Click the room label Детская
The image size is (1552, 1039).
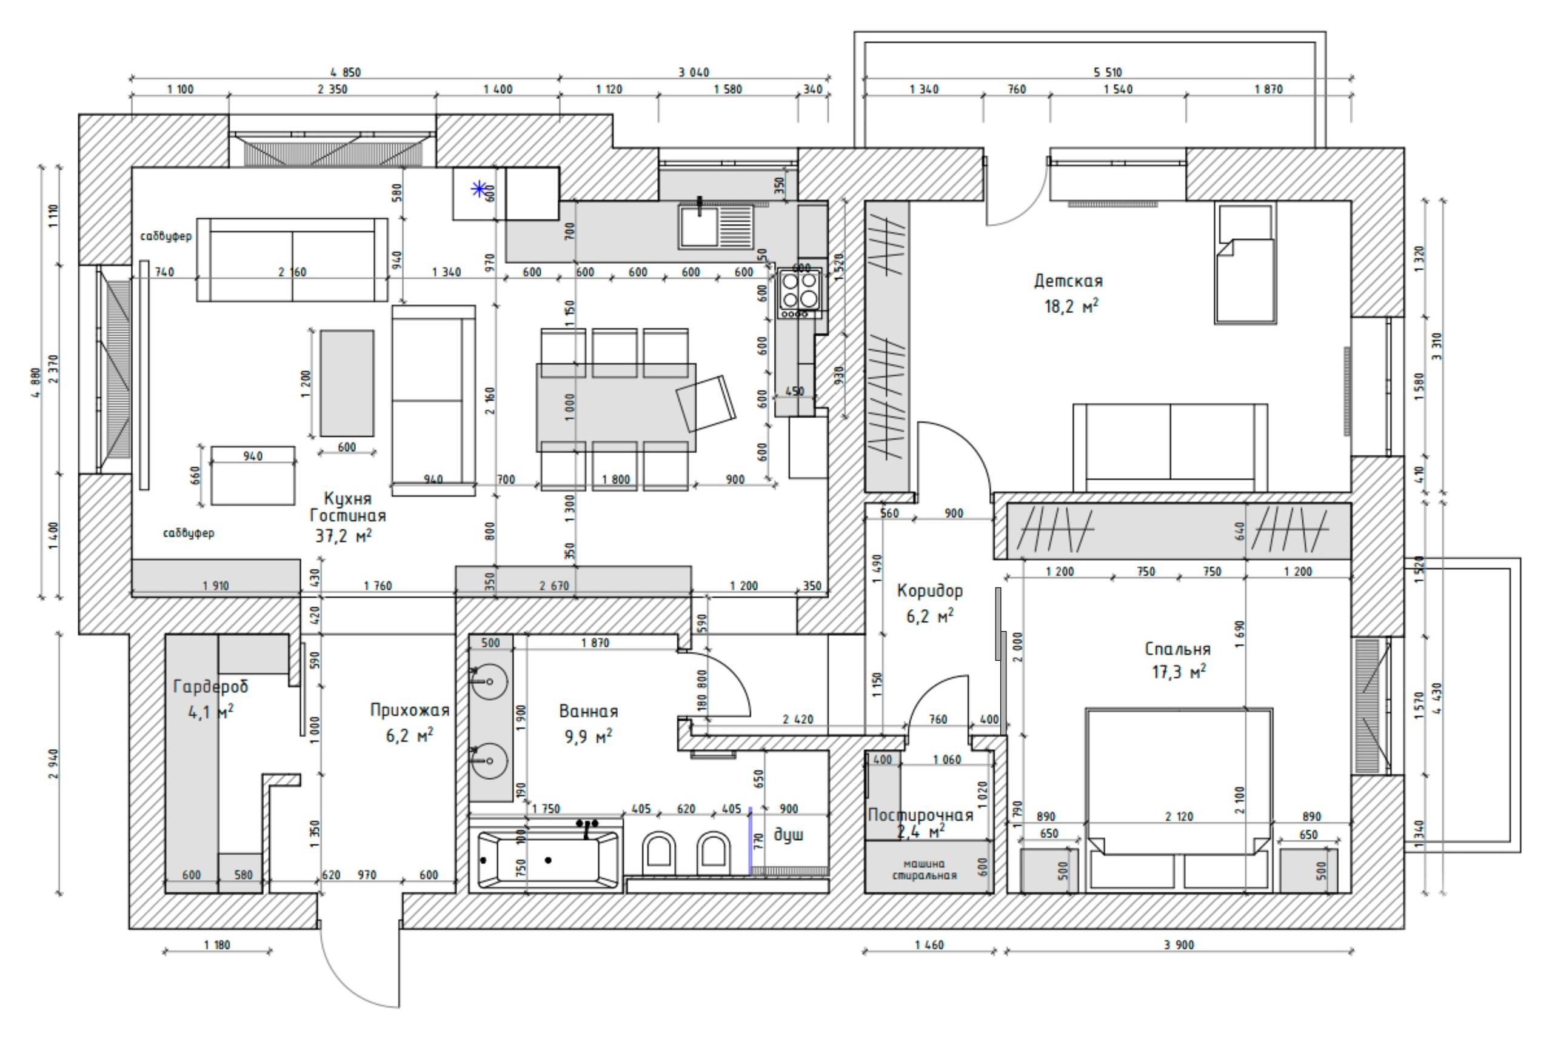[1068, 281]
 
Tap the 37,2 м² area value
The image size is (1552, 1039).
[343, 535]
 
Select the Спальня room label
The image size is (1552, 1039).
[1177, 649]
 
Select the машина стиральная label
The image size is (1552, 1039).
[925, 869]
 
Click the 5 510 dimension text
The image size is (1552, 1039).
[1106, 72]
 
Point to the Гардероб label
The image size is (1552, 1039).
[210, 686]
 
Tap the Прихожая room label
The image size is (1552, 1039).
[410, 710]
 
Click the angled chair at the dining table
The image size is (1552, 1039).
[706, 403]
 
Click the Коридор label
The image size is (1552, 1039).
[930, 590]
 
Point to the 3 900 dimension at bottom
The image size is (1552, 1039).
[1179, 945]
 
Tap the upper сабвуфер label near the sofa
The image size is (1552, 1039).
[166, 236]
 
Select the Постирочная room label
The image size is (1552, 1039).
[920, 816]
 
